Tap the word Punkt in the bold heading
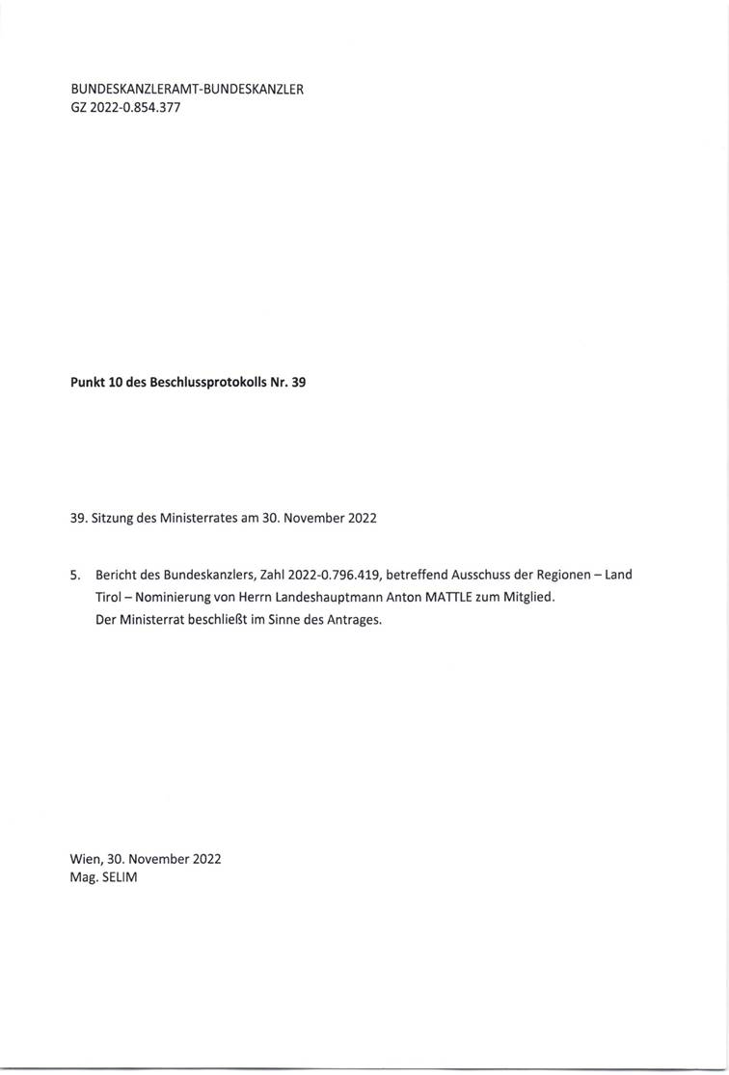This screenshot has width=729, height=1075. coord(89,382)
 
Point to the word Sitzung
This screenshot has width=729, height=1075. coord(114,518)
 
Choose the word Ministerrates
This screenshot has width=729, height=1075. coord(202,518)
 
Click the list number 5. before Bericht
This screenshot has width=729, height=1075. coord(75,576)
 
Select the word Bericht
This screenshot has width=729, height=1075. coord(118,576)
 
